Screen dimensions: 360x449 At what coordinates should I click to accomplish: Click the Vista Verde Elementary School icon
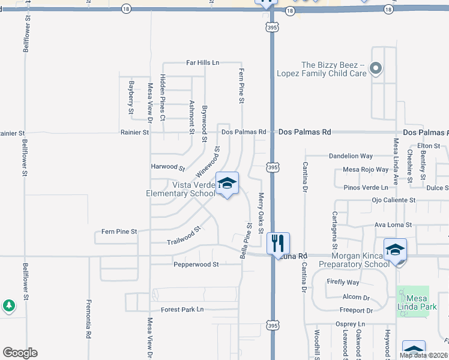(227, 184)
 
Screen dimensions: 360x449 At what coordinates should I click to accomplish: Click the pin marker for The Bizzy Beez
(376, 68)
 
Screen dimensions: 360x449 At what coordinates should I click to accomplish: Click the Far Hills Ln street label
(203, 62)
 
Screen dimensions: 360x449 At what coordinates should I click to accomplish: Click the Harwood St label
(167, 167)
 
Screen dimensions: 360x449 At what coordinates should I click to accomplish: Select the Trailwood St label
(184, 236)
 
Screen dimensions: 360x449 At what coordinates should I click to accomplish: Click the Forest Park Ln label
(182, 310)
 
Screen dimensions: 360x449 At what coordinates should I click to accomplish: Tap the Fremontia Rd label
(88, 319)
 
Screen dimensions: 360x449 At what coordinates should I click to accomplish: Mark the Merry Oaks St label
(261, 214)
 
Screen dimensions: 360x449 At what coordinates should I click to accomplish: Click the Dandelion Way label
(351, 156)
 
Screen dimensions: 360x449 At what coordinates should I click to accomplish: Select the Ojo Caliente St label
(394, 200)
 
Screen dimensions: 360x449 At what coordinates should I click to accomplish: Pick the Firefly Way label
(343, 282)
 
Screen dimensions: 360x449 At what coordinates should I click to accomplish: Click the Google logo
(20, 353)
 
